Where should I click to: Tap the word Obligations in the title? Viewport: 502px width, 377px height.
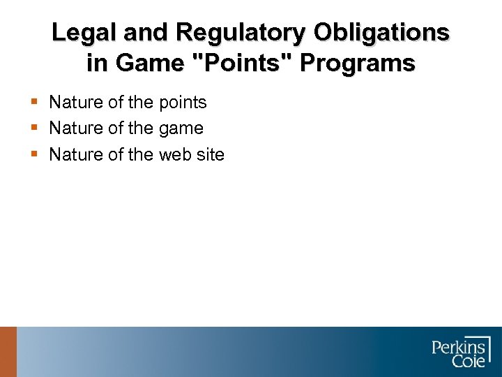tap(381, 32)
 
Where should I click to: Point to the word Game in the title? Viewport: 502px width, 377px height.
tap(146, 64)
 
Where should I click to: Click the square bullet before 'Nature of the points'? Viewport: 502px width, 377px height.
tap(35, 103)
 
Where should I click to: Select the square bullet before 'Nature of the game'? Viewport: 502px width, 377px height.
tap(35, 128)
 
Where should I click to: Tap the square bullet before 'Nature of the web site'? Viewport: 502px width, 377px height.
tap(35, 154)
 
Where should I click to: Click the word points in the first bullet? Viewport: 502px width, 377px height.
tap(182, 103)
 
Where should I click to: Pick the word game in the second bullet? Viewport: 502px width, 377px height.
tap(181, 128)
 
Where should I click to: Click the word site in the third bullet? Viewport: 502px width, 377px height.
tap(210, 154)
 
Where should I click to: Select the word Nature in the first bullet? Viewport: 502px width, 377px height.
tap(76, 103)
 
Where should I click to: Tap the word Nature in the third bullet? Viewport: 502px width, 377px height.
tap(76, 154)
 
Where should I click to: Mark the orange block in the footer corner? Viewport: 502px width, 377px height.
tap(8, 352)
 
